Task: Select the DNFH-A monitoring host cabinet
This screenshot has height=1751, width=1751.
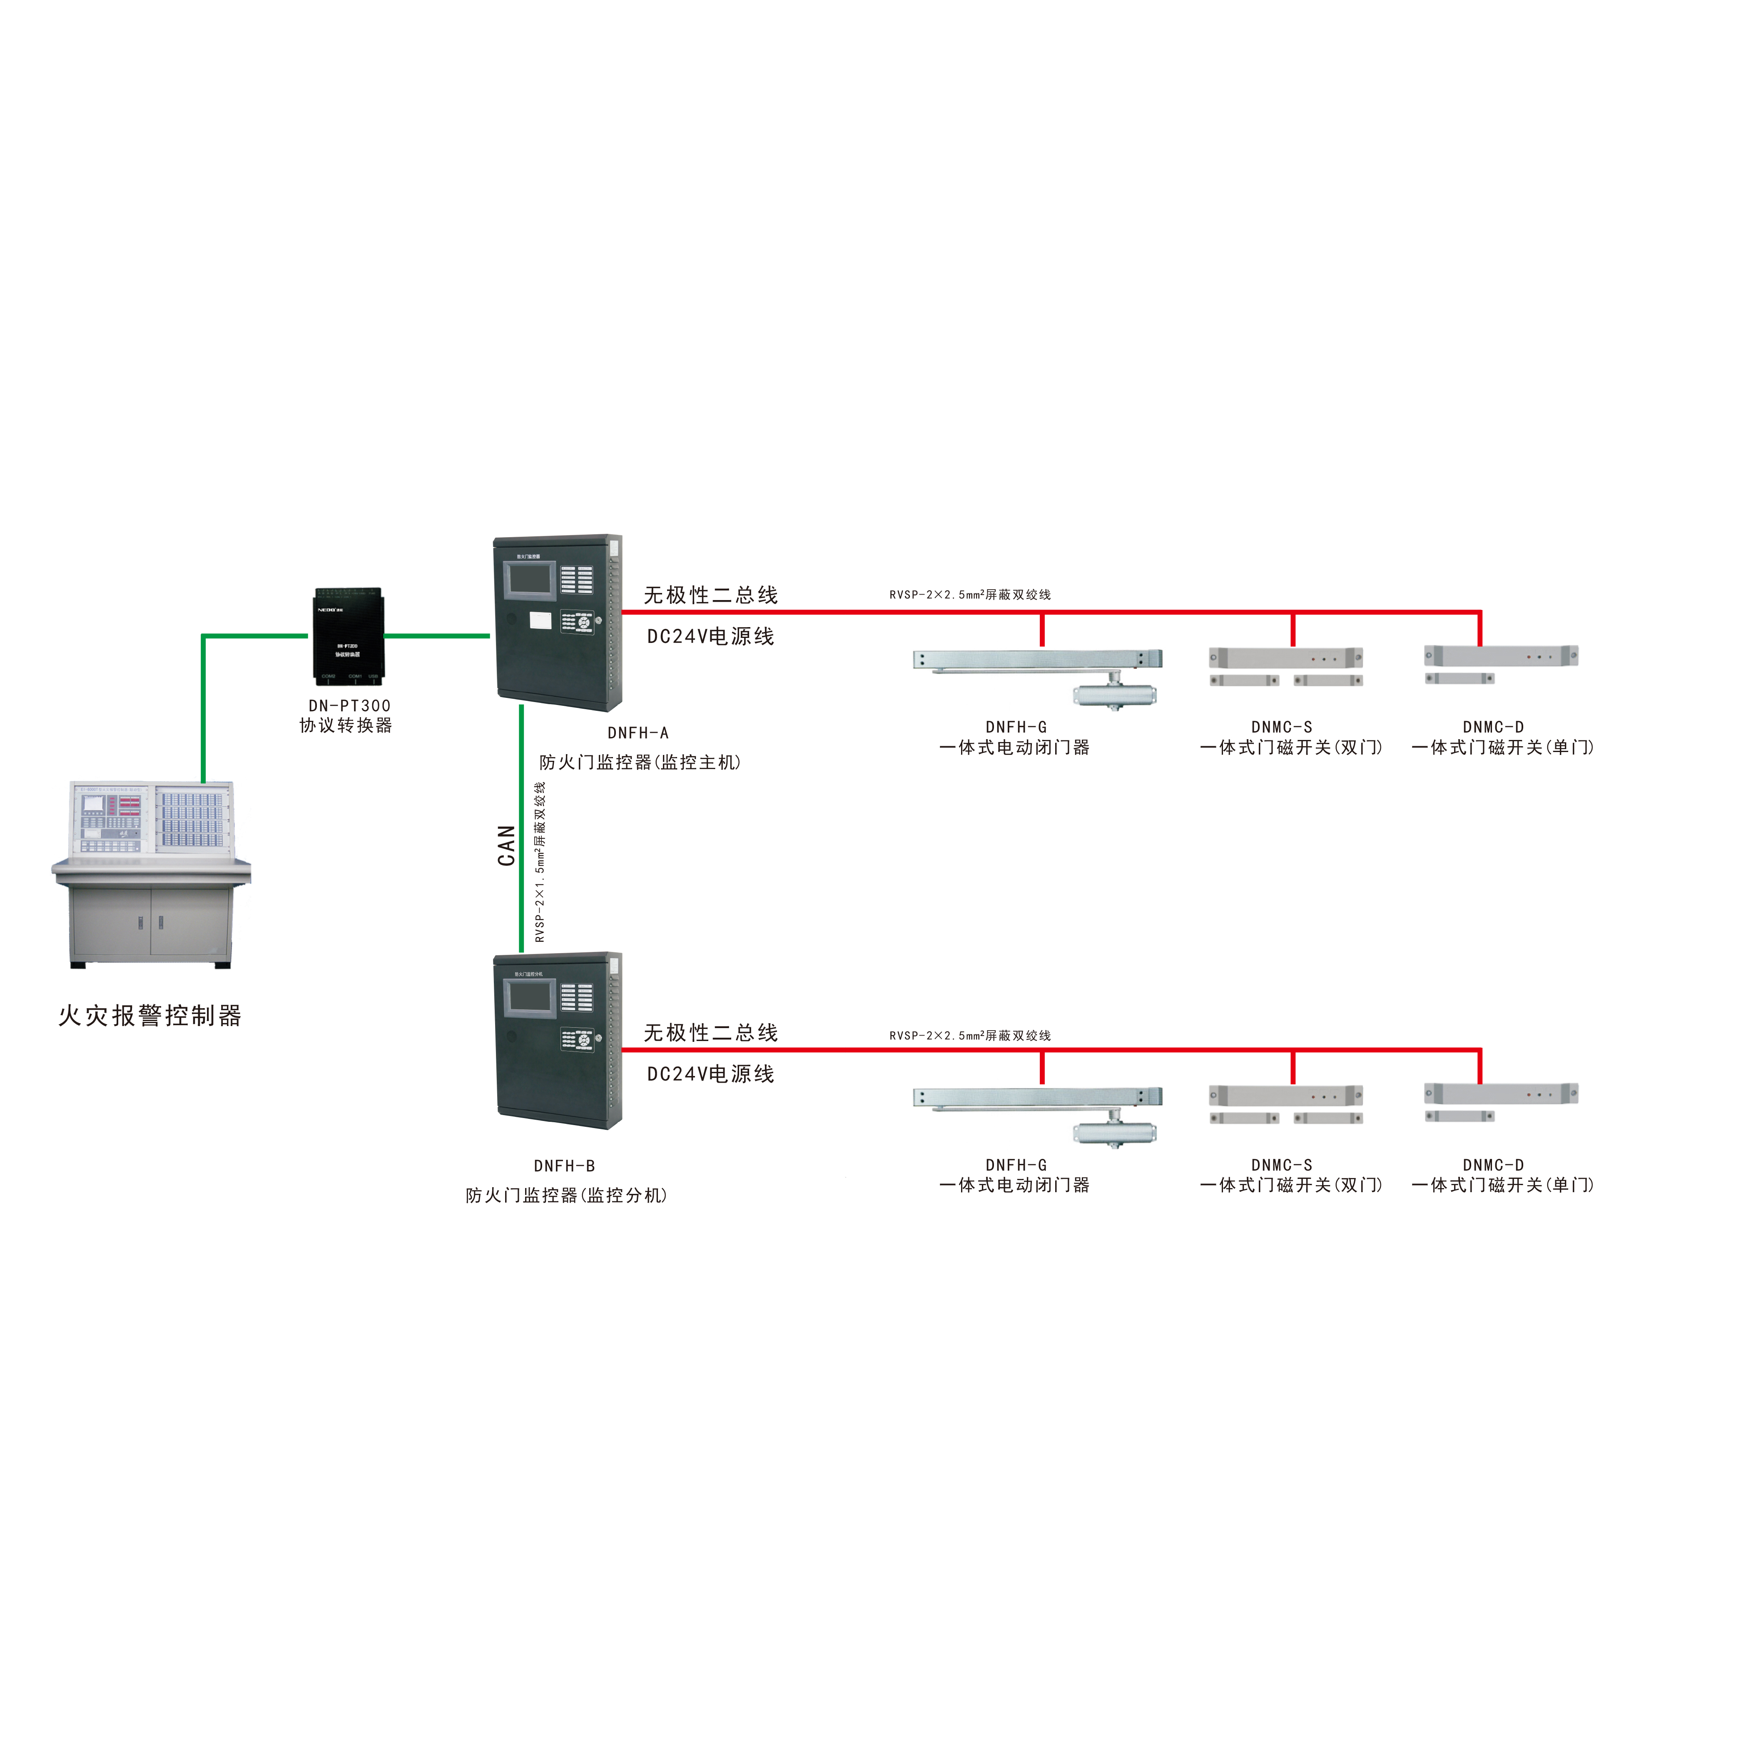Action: (x=558, y=623)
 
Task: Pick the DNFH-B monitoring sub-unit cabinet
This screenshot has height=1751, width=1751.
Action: (x=558, y=1041)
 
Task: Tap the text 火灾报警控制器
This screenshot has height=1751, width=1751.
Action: (x=150, y=1016)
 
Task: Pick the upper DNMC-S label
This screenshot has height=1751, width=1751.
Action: (x=1282, y=727)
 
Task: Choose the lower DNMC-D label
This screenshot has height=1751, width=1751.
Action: (x=1493, y=1165)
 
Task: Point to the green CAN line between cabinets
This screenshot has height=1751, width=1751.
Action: (x=521, y=829)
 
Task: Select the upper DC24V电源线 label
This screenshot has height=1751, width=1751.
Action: (x=710, y=636)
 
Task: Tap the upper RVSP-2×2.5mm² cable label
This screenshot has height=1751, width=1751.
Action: (x=970, y=595)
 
